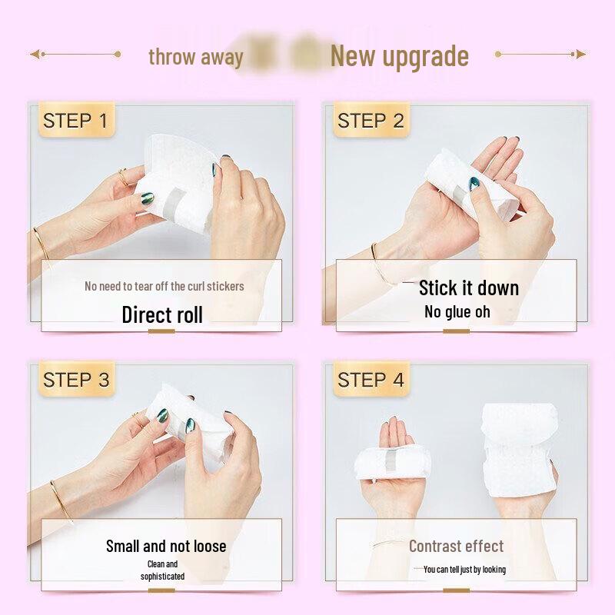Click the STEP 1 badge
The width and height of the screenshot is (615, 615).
(75, 121)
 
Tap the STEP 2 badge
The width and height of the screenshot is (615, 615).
(371, 121)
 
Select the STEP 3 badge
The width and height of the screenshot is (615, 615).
(75, 380)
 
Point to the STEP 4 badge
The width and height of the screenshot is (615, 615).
(371, 380)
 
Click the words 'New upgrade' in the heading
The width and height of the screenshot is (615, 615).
(399, 56)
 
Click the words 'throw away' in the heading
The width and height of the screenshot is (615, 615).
(195, 57)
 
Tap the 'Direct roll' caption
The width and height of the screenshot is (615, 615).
(162, 314)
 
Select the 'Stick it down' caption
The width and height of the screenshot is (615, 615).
(468, 288)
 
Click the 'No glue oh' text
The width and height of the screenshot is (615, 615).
(457, 312)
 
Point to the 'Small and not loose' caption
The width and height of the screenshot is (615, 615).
(166, 547)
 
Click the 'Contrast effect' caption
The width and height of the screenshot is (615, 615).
(456, 547)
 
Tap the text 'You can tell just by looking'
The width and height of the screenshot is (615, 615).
(464, 570)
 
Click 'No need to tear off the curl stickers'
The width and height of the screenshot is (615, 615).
(164, 286)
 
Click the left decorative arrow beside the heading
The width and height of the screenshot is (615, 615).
(75, 55)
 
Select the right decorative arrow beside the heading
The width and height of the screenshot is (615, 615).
(540, 55)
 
